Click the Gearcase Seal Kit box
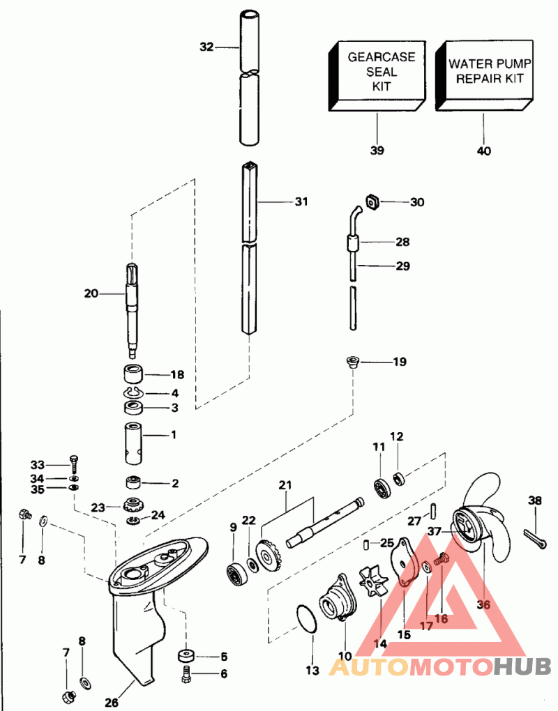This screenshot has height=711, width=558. coord(377,76)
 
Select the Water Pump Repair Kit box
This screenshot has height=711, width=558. coord(485,76)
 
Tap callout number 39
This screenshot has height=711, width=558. coord(377,151)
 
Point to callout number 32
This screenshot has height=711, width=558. coord(206,47)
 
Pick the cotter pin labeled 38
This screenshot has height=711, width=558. coord(534,535)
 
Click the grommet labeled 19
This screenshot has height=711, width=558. coord(352,362)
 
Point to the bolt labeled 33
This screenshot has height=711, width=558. coord(73,463)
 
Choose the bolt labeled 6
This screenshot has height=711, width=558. coord(186,674)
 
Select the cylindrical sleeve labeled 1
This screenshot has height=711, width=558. coord(134,444)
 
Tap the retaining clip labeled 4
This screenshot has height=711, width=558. coord(133,392)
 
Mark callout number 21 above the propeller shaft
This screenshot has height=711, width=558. coord(285,484)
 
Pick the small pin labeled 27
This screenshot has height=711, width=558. coord(432,510)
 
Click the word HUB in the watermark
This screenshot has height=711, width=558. coord(522,666)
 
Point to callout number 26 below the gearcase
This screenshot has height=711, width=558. coord(111,703)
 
